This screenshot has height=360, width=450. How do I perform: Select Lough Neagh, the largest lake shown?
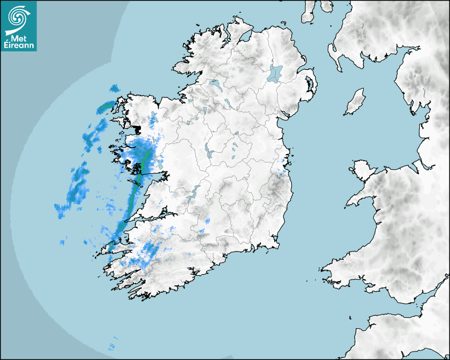275,73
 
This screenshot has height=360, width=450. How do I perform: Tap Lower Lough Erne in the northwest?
215,84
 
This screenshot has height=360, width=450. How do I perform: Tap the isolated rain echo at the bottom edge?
112,346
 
